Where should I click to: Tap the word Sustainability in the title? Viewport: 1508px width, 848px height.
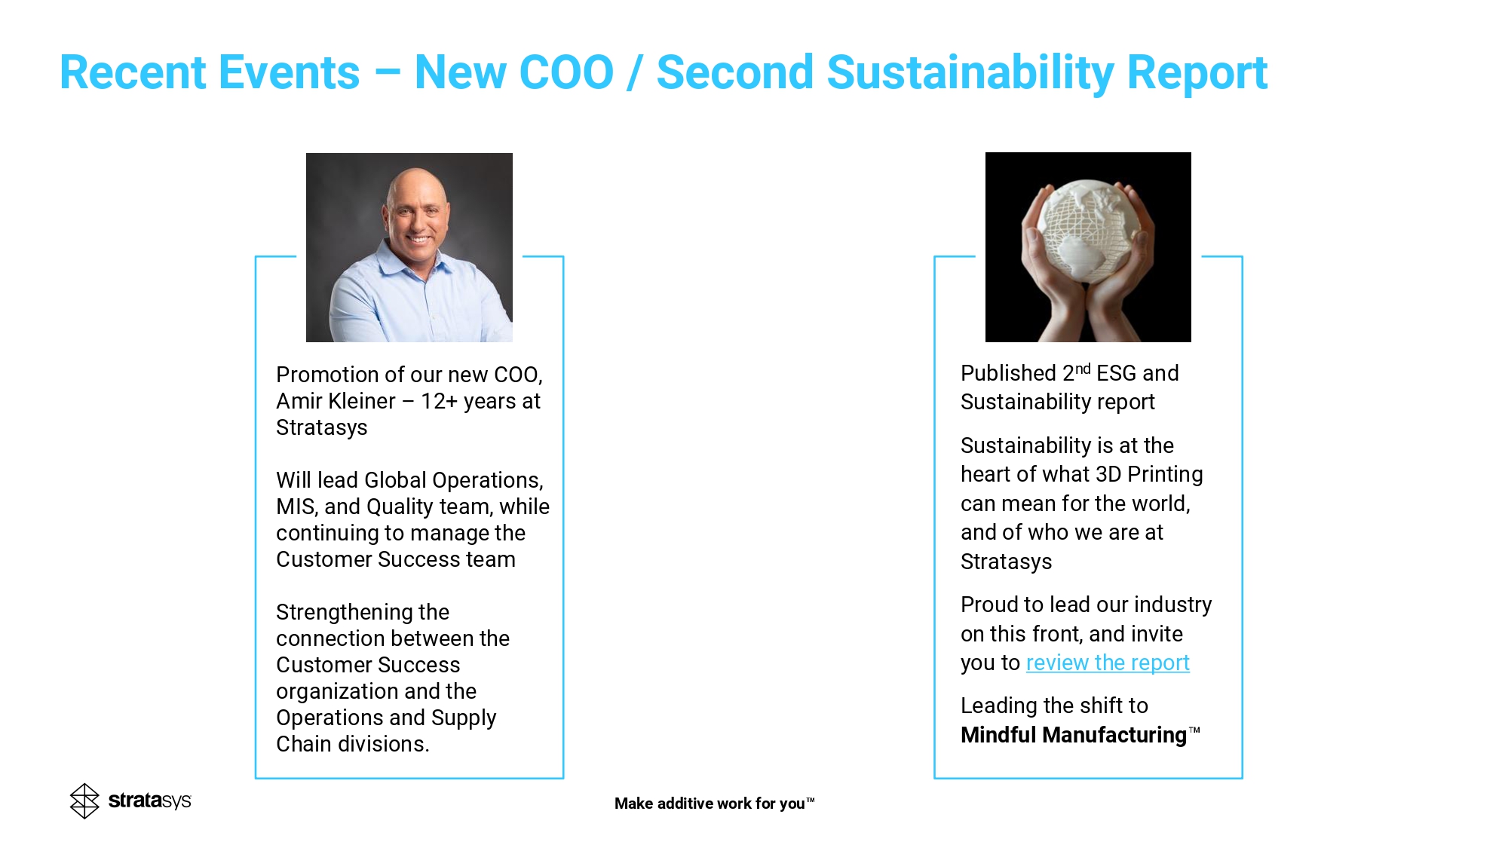click(x=970, y=74)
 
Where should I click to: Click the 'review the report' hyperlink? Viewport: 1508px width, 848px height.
click(x=1108, y=663)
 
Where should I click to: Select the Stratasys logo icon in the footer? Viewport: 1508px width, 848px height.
click(x=84, y=801)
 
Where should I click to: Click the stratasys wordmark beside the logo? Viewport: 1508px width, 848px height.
click(x=150, y=801)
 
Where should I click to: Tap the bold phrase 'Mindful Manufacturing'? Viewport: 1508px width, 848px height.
click(x=1074, y=735)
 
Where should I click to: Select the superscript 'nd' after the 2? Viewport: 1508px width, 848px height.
click(x=1083, y=369)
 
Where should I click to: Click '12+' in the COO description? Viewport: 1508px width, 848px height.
click(x=439, y=401)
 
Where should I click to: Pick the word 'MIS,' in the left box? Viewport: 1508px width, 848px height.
click(x=296, y=507)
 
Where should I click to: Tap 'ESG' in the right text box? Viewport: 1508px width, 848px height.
click(x=1117, y=373)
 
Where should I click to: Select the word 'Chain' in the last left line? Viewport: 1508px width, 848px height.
click(x=304, y=744)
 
